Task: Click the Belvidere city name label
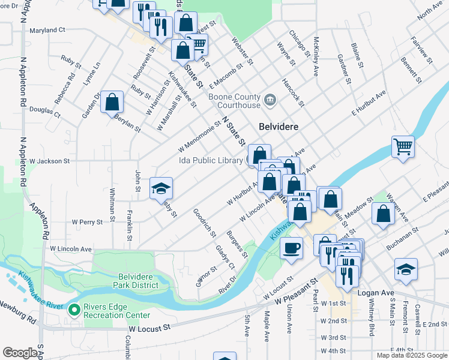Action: coord(279,127)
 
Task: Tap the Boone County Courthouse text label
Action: coord(235,101)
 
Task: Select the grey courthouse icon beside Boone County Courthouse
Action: coord(270,98)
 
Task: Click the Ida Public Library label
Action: coord(212,160)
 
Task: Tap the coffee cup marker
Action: coord(292,248)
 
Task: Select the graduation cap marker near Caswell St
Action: coord(406,270)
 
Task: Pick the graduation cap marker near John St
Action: coord(161,189)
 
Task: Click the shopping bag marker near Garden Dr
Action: coord(112,103)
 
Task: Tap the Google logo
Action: coord(20,353)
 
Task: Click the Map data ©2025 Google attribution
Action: coord(412,355)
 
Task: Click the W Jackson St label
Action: coord(50,161)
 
